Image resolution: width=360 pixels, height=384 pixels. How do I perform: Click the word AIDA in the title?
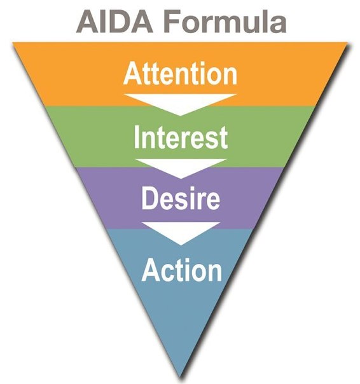pos(114,22)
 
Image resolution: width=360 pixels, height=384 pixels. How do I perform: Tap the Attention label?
pos(181,73)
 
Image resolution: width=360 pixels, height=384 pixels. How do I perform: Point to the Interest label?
pos(181,137)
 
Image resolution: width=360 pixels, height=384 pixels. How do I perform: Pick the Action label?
pos(182,270)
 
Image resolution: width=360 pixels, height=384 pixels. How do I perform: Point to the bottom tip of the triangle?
pos(181,378)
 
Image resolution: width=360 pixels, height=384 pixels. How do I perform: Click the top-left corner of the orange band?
pos(13,43)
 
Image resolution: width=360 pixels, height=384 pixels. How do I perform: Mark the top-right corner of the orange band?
pos(348,43)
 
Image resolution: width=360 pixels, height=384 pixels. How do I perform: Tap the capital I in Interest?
pos(137,137)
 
